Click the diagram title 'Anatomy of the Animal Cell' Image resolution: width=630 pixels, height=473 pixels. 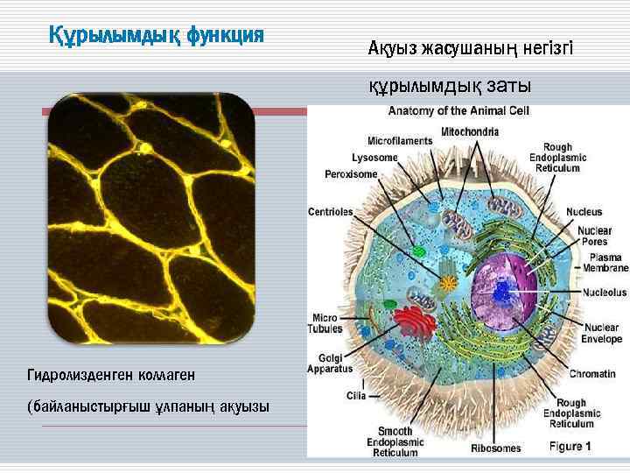click(458, 111)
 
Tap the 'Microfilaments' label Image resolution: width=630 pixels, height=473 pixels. click(400, 140)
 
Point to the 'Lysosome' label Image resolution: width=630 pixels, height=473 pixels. click(374, 158)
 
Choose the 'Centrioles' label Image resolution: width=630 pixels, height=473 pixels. click(331, 212)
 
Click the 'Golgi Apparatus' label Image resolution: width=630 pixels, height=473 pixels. click(335, 363)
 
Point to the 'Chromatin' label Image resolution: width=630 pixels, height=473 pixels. click(592, 374)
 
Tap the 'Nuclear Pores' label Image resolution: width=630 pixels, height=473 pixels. click(594, 236)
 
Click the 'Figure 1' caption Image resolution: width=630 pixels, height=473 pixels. click(570, 446)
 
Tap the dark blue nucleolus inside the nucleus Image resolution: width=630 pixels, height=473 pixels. click(502, 291)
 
